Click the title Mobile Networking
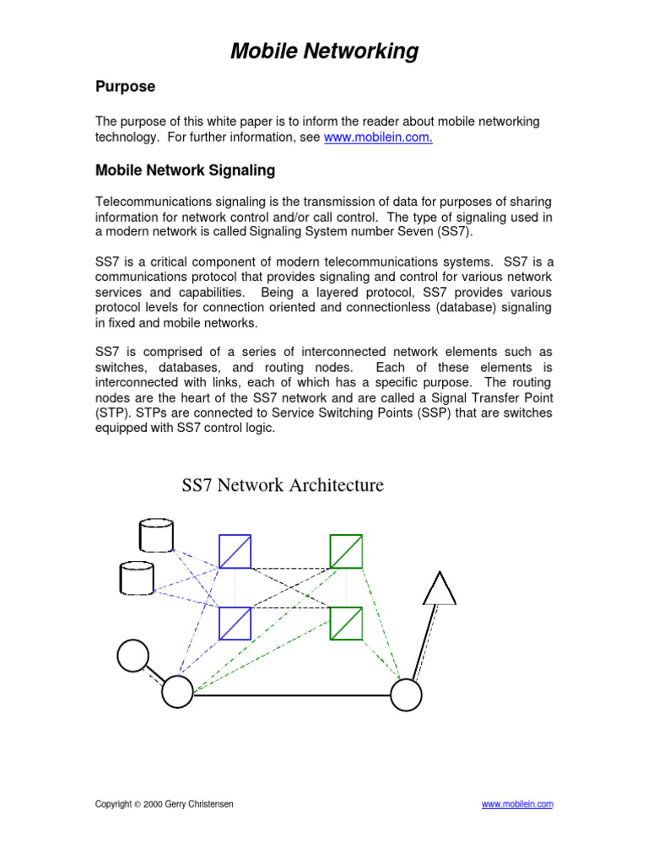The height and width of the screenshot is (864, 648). click(x=324, y=51)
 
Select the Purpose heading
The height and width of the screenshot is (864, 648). click(x=125, y=87)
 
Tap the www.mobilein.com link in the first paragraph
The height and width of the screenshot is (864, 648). click(x=378, y=138)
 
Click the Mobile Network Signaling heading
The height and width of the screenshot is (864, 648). click(x=185, y=170)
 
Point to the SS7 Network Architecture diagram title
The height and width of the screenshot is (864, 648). click(x=283, y=485)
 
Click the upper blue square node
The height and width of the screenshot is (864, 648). click(x=235, y=551)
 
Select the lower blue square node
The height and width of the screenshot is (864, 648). click(x=235, y=624)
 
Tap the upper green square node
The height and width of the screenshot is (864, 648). click(x=346, y=551)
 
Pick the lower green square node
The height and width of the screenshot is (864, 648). click(x=346, y=624)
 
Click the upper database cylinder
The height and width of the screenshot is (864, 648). click(x=156, y=536)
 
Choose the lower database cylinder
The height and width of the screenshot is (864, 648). click(x=138, y=578)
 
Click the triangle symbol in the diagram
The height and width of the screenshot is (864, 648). click(x=440, y=589)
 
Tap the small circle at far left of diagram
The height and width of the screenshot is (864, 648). click(x=132, y=655)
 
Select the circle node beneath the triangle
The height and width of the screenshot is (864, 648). click(x=406, y=694)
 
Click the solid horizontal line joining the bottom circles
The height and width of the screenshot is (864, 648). click(x=291, y=695)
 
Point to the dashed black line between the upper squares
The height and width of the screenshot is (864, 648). click(x=290, y=567)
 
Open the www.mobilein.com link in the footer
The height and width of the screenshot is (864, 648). click(x=517, y=805)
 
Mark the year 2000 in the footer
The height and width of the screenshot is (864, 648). click(x=153, y=805)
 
